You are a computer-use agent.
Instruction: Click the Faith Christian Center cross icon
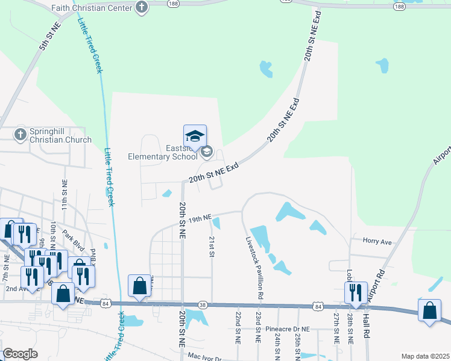142,8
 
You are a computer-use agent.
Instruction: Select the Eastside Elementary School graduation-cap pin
195,137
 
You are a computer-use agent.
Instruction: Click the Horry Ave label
377,241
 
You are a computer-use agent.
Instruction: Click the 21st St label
212,247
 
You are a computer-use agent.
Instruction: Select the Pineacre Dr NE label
287,330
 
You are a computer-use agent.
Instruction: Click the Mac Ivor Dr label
204,358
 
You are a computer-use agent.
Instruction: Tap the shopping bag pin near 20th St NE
139,286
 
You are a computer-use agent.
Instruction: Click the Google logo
20,354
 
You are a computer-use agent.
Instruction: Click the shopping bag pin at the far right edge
429,310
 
